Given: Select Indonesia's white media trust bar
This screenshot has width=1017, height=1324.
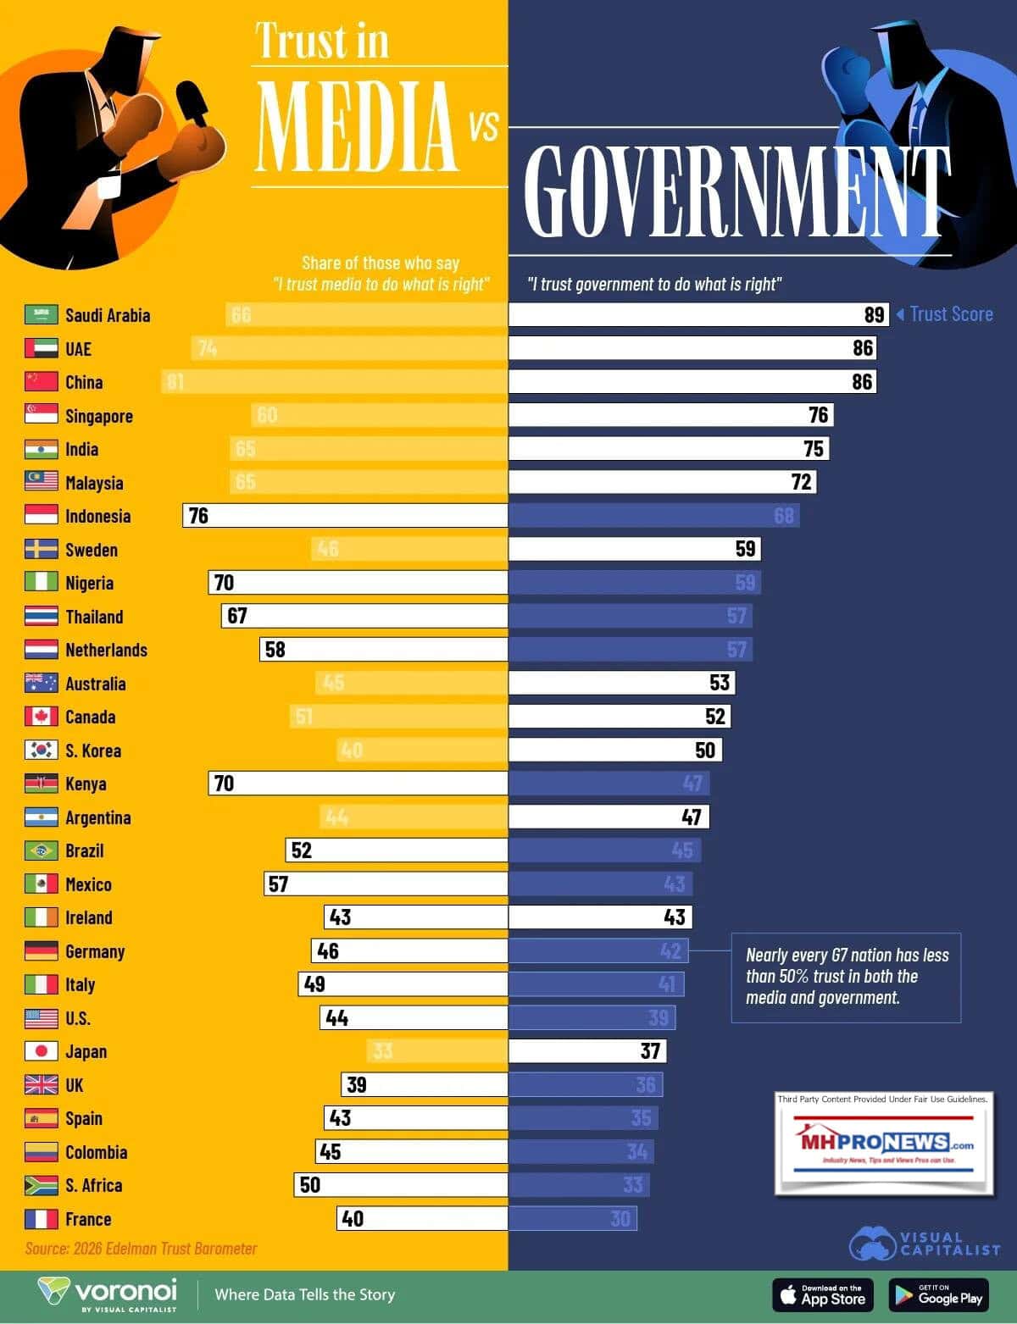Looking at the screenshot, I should point(345,516).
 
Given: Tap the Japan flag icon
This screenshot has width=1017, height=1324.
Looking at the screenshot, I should point(41,1051).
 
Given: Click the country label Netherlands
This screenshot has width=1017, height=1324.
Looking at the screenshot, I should point(106,650).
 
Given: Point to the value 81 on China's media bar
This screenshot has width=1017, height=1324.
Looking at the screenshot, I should point(175,382).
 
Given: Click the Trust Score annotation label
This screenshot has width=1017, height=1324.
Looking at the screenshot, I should point(950,314).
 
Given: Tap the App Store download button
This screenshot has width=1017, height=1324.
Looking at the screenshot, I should point(821,1294).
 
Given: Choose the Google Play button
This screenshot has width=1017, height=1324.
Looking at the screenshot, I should point(939,1294).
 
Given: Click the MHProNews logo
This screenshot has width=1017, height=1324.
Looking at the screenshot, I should point(883,1144).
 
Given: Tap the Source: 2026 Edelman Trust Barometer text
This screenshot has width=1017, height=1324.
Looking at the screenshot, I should point(141,1249).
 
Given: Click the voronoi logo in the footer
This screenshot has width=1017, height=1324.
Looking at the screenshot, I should point(108,1294).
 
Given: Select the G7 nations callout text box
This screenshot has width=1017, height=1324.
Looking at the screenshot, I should point(847,977).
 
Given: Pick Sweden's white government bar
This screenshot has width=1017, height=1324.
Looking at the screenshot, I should point(634,549).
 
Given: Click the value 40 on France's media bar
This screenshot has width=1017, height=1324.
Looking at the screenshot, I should point(352,1219).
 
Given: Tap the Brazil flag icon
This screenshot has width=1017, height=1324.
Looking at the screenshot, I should point(41,850).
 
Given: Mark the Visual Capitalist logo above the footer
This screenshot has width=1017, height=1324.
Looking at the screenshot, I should point(924,1244).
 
